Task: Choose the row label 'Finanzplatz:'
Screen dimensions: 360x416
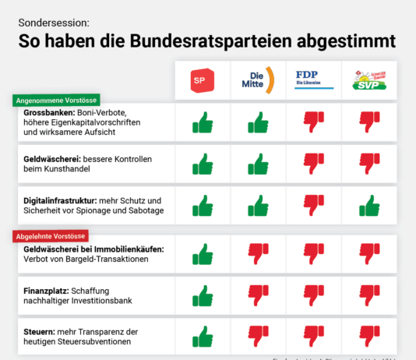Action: point(48,289)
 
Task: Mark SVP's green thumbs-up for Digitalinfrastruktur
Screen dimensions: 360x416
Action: point(369,205)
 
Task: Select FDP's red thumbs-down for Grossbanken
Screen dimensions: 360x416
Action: point(313,122)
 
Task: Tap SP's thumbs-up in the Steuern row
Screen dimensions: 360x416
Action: point(202,337)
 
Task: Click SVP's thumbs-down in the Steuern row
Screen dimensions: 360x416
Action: point(369,337)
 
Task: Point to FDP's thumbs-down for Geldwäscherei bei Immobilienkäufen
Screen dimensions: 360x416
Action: point(313,253)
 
